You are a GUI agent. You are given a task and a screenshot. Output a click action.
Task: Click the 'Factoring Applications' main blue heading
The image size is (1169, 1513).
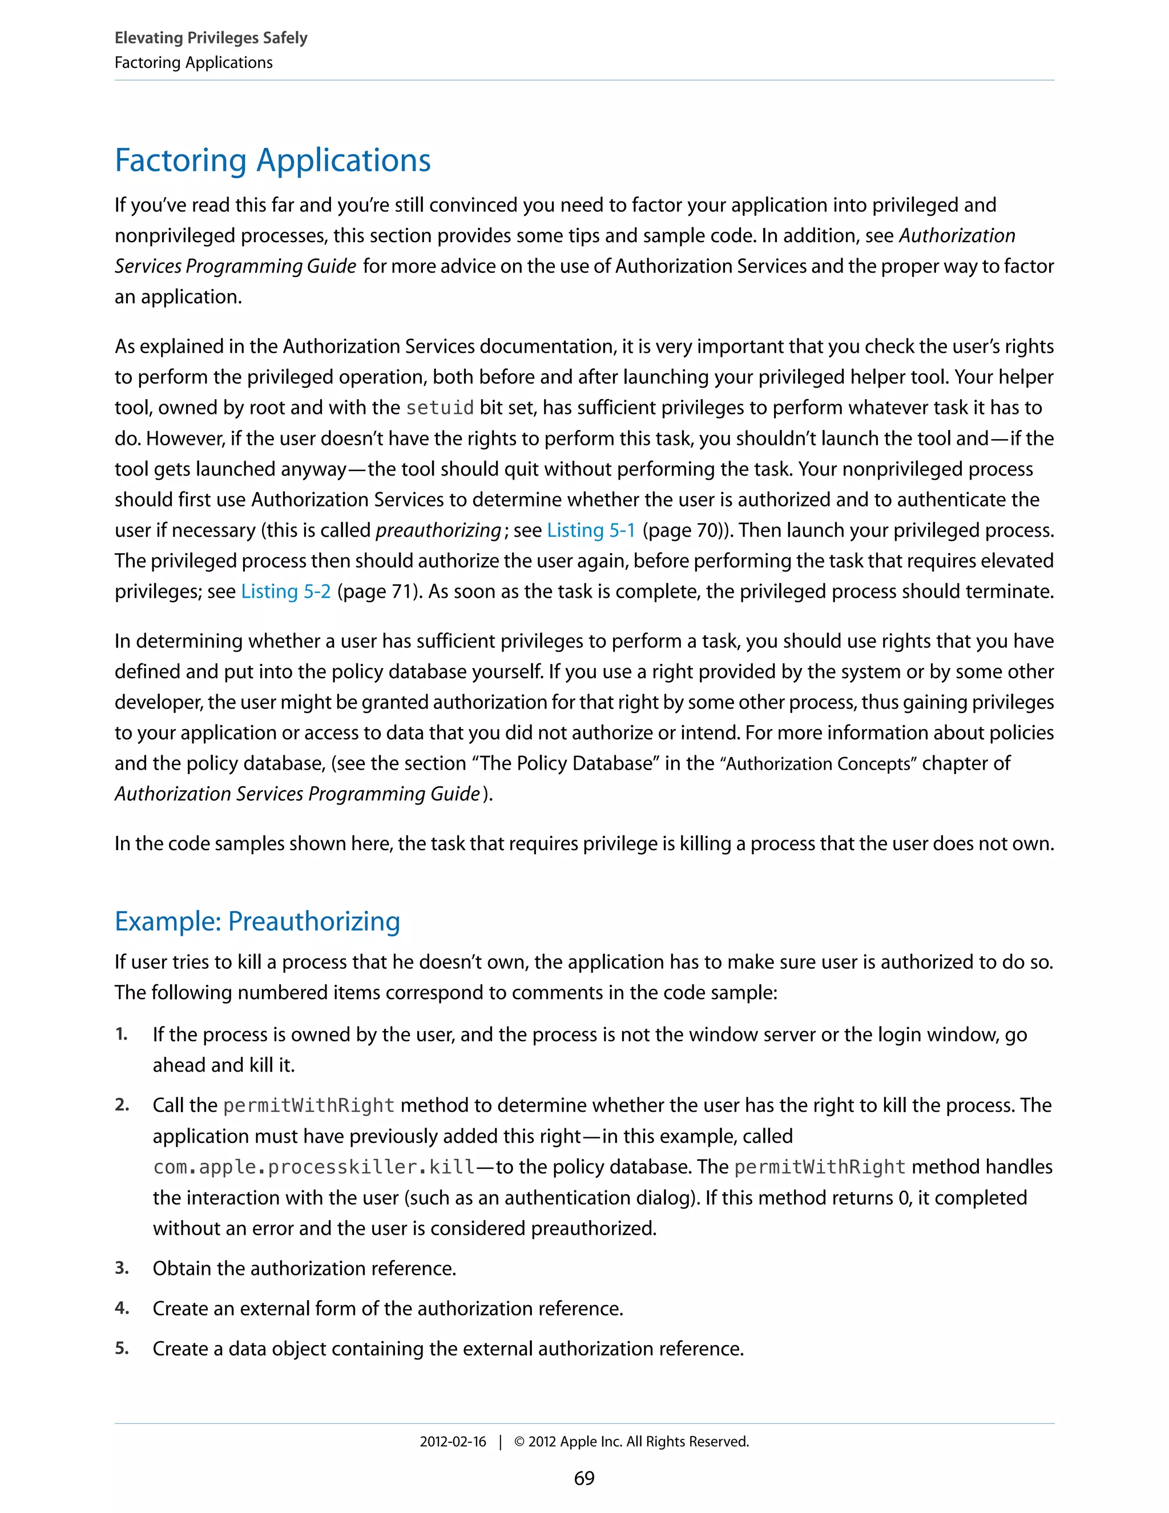272,161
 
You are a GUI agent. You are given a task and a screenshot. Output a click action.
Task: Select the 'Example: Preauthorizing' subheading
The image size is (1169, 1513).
257,922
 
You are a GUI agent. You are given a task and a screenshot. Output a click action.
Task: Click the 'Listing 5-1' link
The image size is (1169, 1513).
591,530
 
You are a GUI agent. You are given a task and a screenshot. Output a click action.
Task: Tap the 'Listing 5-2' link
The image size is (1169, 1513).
285,591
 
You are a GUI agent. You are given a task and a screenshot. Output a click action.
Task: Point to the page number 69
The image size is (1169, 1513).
584,1478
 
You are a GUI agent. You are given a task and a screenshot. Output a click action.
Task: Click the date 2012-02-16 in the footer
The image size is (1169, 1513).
452,1442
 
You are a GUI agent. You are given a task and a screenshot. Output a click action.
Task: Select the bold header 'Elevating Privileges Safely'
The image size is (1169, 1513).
211,38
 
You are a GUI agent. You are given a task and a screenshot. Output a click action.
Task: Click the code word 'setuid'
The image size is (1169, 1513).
439,408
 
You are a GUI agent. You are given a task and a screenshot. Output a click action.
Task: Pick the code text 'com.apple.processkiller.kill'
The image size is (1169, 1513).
314,1168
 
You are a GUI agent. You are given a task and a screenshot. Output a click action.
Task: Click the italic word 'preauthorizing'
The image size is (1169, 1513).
438,530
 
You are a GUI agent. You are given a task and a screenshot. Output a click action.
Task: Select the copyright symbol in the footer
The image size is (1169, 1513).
519,1442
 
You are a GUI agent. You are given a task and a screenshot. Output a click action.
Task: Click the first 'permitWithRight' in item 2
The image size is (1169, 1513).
308,1106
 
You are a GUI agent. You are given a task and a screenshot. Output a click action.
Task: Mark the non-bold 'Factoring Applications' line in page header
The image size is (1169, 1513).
194,63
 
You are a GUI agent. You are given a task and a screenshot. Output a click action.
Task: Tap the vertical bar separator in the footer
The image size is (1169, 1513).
500,1442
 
